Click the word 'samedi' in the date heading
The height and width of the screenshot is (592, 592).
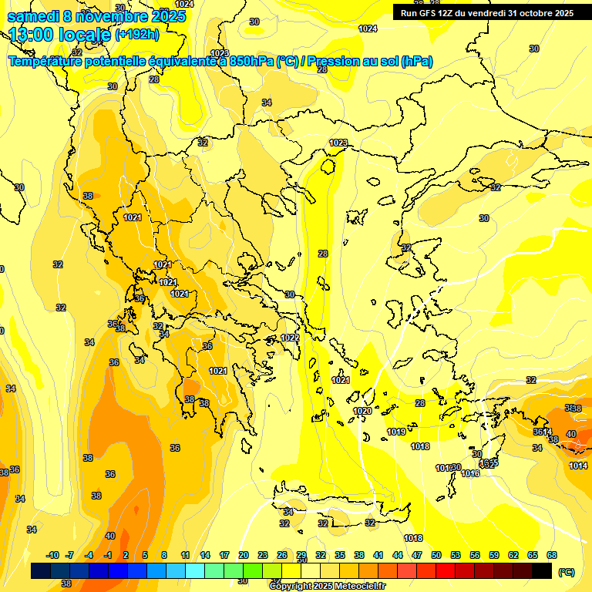point(31,15)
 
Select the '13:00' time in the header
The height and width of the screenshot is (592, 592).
point(31,35)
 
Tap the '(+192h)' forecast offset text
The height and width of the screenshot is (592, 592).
point(138,35)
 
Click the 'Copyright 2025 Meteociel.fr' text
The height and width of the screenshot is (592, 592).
point(327,586)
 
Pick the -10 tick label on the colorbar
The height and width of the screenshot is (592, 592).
point(52,555)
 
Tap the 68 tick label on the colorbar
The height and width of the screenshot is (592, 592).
point(552,555)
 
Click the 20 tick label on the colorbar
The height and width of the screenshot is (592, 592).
point(244,555)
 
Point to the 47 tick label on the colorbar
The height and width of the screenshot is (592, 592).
point(417,555)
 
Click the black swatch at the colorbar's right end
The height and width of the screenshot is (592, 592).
point(542,571)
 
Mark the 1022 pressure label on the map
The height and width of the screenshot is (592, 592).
point(290,338)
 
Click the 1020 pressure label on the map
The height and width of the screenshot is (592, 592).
point(362,412)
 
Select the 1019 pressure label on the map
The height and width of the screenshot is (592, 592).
point(396,432)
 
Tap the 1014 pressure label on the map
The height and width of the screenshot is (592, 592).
point(578,466)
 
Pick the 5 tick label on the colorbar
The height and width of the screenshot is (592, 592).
point(145,555)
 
